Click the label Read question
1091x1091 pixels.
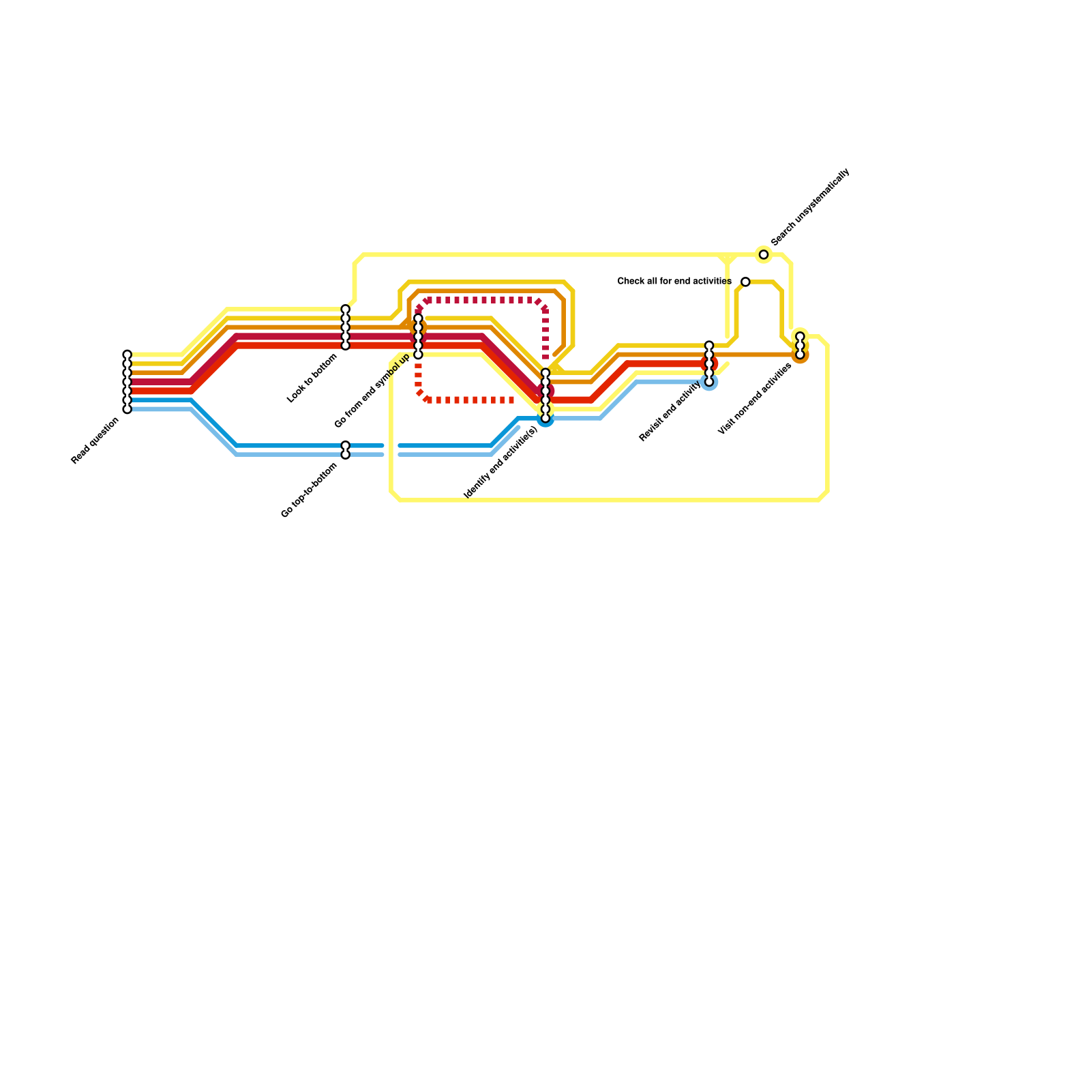pos(95,441)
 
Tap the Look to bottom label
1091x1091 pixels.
pos(313,378)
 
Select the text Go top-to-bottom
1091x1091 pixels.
pos(309,490)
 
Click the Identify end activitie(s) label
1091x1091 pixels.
pos(500,462)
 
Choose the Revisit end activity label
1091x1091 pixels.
pos(670,412)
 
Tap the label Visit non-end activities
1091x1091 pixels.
pos(755,399)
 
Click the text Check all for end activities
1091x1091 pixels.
pos(674,282)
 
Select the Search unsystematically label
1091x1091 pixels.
pos(810,207)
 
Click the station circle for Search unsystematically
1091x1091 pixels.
pos(764,255)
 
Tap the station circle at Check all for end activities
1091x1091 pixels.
pos(745,282)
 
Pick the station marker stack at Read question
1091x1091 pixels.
pos(127,382)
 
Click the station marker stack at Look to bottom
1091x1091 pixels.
pos(346,327)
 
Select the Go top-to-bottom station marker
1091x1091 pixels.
pos(346,450)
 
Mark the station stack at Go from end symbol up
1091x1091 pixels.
pos(418,336)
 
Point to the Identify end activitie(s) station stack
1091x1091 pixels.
pos(545,395)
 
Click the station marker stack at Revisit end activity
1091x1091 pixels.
pos(709,363)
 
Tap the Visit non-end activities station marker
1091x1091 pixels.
pos(800,346)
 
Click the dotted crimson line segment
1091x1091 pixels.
pos(484,300)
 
